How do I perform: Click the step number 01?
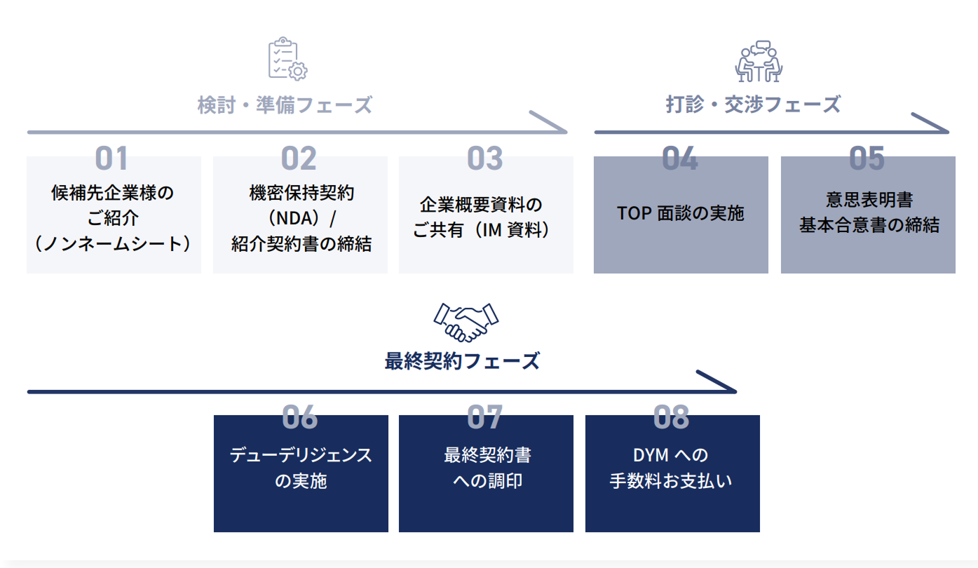click(x=111, y=158)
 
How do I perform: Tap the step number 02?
click(x=299, y=158)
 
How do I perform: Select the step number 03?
click(x=485, y=158)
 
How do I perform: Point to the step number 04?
click(x=680, y=158)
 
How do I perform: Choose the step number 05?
click(x=867, y=158)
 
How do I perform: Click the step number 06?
click(x=299, y=417)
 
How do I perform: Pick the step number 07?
click(x=485, y=417)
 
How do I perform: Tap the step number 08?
click(x=671, y=417)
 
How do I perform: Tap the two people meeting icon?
click(x=759, y=62)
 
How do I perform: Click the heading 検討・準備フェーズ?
click(x=285, y=105)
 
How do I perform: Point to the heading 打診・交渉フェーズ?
click(x=753, y=104)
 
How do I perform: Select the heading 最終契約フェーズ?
click(x=462, y=361)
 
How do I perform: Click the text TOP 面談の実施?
click(x=680, y=213)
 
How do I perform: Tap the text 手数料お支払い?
click(x=671, y=482)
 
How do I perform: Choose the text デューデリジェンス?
click(x=301, y=455)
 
